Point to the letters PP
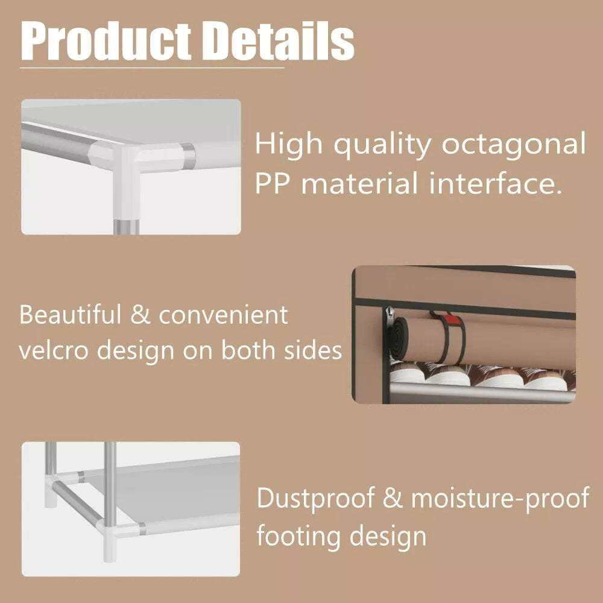coord(273,183)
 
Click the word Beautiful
coord(70,315)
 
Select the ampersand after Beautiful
coord(140,315)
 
